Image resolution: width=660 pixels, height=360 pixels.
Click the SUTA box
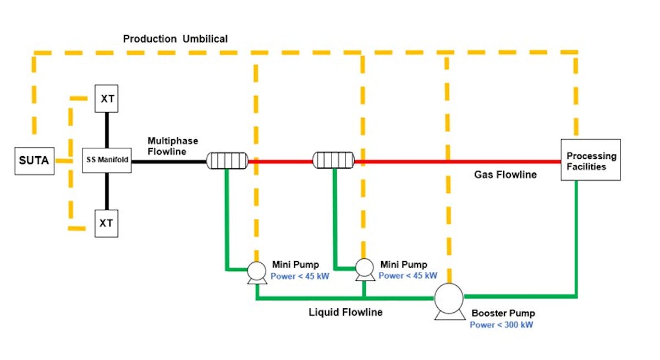(34, 161)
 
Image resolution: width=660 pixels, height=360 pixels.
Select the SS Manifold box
(107, 160)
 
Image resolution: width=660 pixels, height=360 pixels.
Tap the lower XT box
(107, 223)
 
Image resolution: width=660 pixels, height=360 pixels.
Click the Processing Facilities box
(591, 160)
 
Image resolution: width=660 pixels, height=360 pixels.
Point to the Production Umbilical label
(175, 39)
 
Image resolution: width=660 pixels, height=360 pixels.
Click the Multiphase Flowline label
(173, 146)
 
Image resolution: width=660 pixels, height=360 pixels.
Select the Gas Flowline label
(505, 175)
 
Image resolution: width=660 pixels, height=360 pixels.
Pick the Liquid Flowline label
(345, 312)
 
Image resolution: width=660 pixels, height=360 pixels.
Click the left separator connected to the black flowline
(227, 161)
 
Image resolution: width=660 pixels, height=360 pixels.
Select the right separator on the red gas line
(333, 160)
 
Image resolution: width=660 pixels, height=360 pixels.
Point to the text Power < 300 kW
(501, 325)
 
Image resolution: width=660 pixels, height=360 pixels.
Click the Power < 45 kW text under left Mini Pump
(300, 276)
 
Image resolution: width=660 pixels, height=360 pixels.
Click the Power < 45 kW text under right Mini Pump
(408, 275)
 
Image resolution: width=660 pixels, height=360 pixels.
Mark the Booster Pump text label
(503, 313)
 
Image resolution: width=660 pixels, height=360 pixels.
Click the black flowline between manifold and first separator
(168, 162)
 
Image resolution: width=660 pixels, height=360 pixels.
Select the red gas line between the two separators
(280, 162)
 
